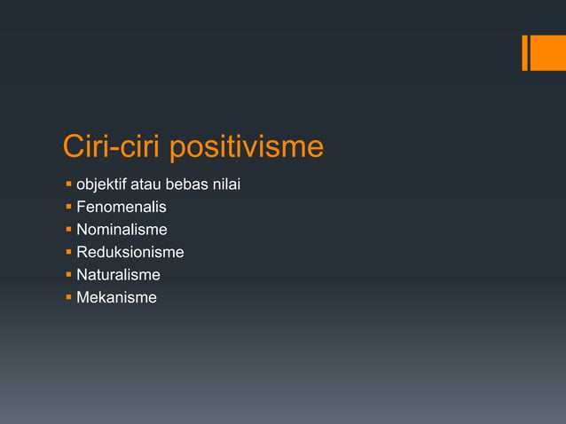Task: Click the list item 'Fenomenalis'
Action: (121, 208)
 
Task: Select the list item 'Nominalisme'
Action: (122, 230)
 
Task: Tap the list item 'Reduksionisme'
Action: (130, 253)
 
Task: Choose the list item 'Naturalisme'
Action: (118, 275)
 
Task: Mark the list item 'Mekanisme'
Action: (116, 297)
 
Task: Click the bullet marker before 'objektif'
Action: (67, 185)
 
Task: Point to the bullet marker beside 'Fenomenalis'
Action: (67, 208)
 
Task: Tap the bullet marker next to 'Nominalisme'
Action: (67, 231)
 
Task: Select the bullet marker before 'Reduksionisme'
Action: (67, 253)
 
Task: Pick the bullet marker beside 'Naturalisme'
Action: (67, 275)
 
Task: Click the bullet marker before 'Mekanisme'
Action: (67, 298)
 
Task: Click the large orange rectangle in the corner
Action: (548, 52)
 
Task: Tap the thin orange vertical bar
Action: (525, 52)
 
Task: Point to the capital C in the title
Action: (75, 146)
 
